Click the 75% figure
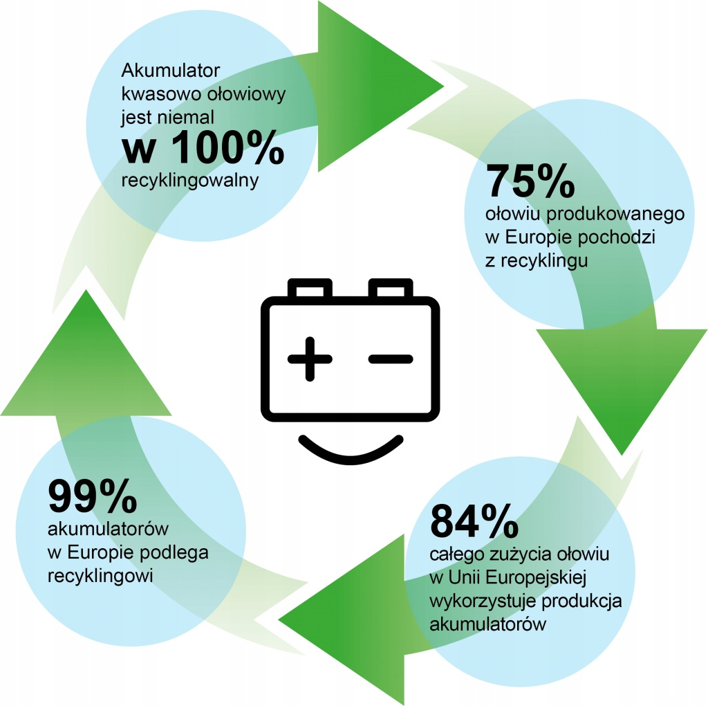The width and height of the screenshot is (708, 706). point(530,181)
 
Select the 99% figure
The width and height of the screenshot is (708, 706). point(92,496)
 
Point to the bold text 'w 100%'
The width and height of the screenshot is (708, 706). point(203,147)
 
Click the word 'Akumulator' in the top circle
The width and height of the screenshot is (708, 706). point(170,70)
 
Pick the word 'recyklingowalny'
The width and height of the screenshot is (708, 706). point(189,181)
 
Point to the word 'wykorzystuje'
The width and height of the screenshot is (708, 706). point(483,601)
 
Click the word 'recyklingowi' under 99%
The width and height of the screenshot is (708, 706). point(100,577)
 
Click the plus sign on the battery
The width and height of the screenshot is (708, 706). point(310,359)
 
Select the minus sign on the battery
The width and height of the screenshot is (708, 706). point(391,359)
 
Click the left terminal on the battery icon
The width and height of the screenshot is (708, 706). point(310,288)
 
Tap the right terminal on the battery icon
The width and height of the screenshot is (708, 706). point(391,288)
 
